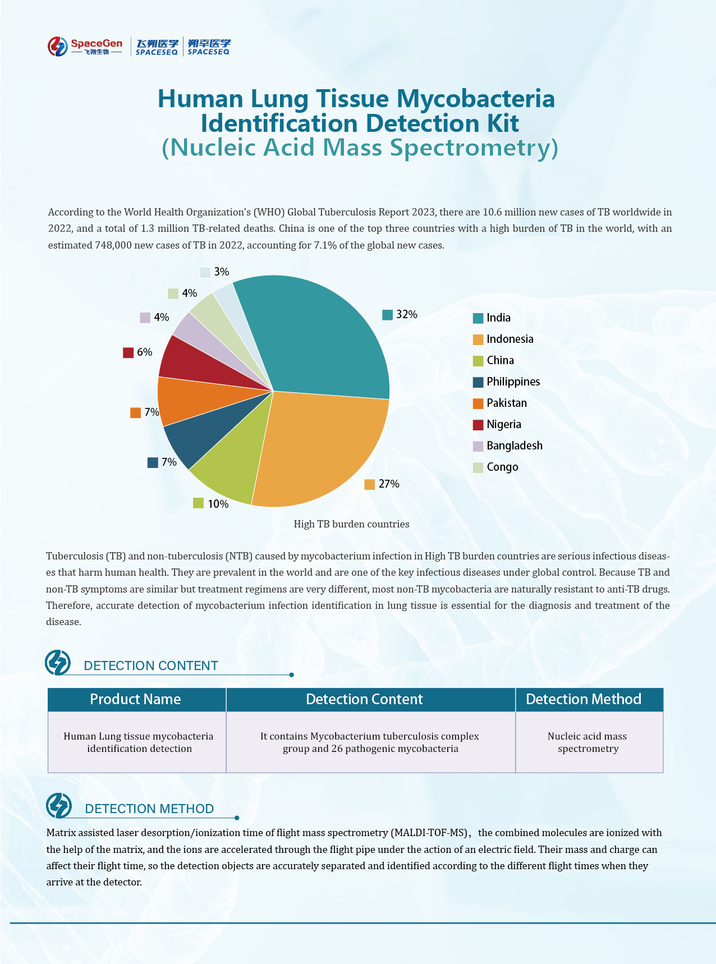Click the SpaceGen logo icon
click(58, 47)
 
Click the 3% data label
click(221, 272)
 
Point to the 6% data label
click(144, 352)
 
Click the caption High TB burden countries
click(351, 524)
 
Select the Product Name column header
click(136, 699)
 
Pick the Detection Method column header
click(584, 699)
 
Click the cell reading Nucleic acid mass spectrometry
click(588, 742)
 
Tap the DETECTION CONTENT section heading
click(150, 666)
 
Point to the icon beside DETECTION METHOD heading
click(59, 806)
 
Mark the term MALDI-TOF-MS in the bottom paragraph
click(430, 833)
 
